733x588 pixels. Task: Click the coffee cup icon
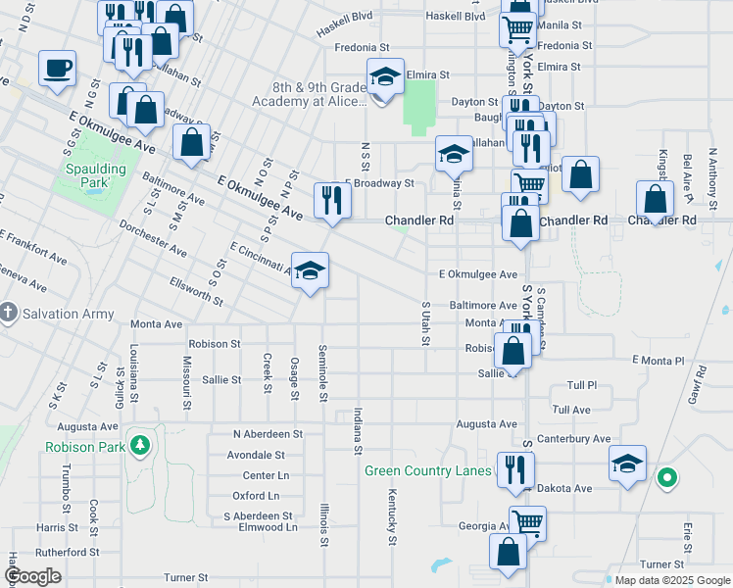pyautogui.click(x=57, y=69)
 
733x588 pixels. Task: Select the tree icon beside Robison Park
pyautogui.click(x=141, y=447)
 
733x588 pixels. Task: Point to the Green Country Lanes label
pyautogui.click(x=427, y=470)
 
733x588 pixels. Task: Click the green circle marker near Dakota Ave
pyautogui.click(x=667, y=478)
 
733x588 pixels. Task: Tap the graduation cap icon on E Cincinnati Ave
pyautogui.click(x=310, y=270)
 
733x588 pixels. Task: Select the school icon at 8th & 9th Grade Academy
pyautogui.click(x=385, y=76)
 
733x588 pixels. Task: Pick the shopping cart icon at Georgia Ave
pyautogui.click(x=527, y=521)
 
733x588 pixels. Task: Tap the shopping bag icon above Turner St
pyautogui.click(x=509, y=553)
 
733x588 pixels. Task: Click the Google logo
pyautogui.click(x=33, y=576)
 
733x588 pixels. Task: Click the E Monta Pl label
pyautogui.click(x=662, y=362)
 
